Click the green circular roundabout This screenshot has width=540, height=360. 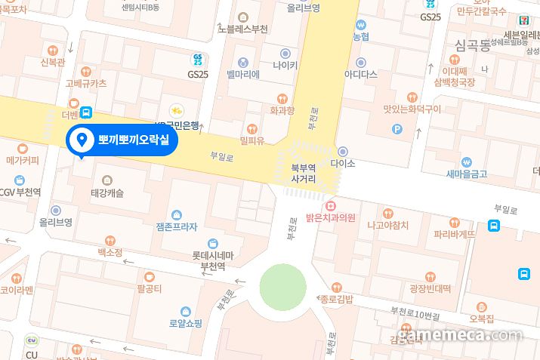[x=283, y=287]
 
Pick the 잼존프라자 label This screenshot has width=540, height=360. [x=176, y=226]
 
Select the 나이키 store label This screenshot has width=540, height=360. [x=285, y=66]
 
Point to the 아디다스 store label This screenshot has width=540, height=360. [x=360, y=75]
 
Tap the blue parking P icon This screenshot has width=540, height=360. [x=397, y=129]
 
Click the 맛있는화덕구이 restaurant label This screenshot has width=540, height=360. [x=412, y=109]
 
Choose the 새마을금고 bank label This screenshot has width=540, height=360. [x=466, y=174]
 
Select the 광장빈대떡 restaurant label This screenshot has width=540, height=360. [x=430, y=288]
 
